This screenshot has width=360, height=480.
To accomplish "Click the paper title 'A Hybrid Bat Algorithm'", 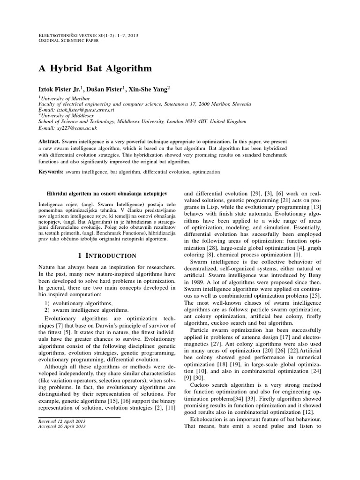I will pyautogui.click(x=95, y=68).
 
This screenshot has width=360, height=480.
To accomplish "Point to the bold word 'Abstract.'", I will pyautogui.click(x=49, y=141).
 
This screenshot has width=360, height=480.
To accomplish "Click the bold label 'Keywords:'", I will pyautogui.click(x=51, y=172).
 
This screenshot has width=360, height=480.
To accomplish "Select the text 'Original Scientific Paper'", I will pyautogui.click(x=71, y=40).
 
